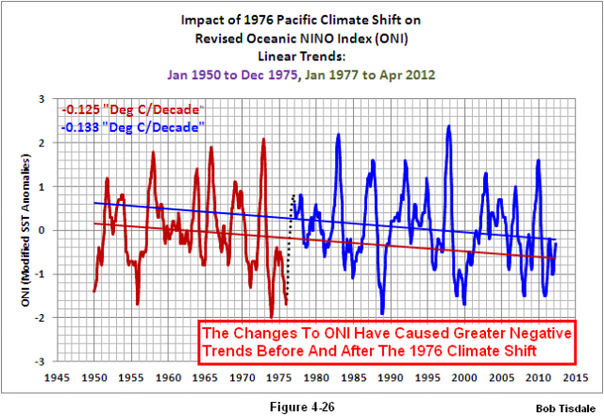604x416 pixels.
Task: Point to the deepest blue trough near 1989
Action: click(382, 312)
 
